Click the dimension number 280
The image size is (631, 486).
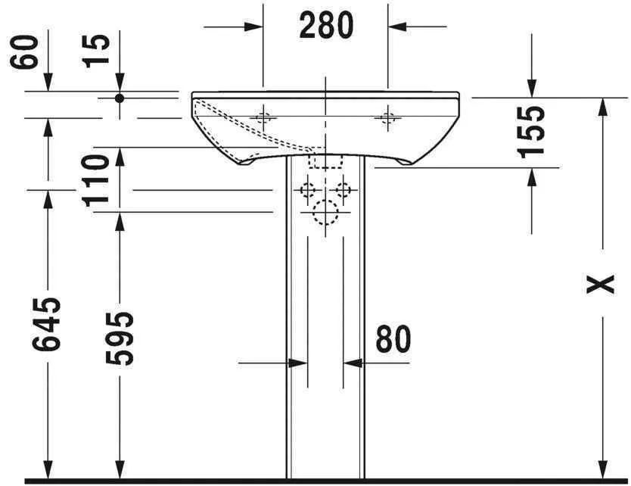(x=326, y=26)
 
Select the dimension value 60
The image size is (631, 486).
(x=28, y=51)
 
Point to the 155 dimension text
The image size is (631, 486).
(x=533, y=130)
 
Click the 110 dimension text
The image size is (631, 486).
(x=98, y=180)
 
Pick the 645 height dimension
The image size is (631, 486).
(x=47, y=323)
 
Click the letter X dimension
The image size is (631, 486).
(x=602, y=284)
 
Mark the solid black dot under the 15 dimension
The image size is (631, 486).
(x=119, y=98)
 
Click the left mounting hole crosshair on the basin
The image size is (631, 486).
(x=263, y=117)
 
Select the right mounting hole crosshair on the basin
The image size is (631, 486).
(x=388, y=117)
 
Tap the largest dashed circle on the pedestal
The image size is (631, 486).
(x=325, y=214)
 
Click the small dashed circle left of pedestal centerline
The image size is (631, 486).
(x=308, y=189)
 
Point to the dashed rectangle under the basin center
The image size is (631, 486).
(x=326, y=161)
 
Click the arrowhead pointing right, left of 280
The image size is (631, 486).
(x=254, y=26)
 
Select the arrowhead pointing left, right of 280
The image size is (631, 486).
(x=397, y=26)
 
